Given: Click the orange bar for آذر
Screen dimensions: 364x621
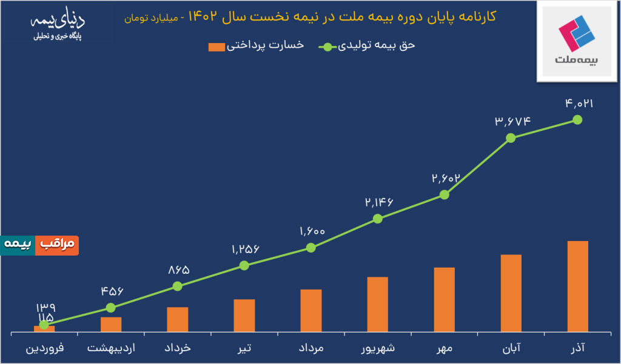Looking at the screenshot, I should click(x=577, y=286).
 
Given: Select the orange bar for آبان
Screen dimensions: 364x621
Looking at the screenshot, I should click(x=511, y=293).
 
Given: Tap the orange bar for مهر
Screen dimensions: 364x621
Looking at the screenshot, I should click(x=444, y=300).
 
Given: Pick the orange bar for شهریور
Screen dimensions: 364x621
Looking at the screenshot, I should click(x=377, y=305).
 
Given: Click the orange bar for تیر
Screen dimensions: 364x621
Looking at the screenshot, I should click(x=244, y=316).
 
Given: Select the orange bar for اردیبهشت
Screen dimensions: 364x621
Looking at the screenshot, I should click(x=111, y=325).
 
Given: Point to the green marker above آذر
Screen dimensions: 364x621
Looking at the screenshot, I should click(x=577, y=120).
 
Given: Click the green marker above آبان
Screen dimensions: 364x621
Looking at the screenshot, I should click(x=511, y=137).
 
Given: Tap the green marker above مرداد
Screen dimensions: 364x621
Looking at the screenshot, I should click(x=310, y=247).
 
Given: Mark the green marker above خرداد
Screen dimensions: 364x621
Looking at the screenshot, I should click(x=177, y=286).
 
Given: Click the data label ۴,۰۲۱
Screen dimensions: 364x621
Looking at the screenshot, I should click(x=578, y=104).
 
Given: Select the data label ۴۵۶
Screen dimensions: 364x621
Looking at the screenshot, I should click(x=111, y=291).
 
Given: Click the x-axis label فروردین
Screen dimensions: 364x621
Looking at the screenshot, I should click(x=44, y=349).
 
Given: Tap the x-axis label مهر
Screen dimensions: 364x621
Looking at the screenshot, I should click(x=444, y=349).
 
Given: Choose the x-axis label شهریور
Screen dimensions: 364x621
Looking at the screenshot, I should click(x=377, y=349).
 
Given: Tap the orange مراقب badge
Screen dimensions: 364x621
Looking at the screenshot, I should click(x=57, y=245).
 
